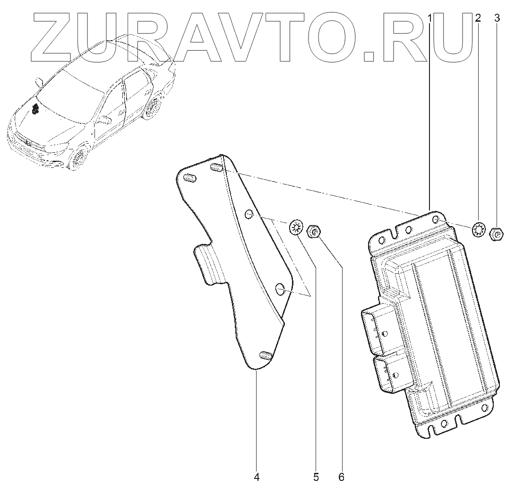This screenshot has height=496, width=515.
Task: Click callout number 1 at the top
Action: click(429, 18)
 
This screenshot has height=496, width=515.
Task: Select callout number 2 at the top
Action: click(478, 18)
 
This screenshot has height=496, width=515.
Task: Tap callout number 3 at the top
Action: click(497, 18)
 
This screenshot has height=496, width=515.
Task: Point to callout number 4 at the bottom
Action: click(257, 477)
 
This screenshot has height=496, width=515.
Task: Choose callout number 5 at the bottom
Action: click(316, 477)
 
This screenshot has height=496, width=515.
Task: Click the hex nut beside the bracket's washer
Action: click(314, 232)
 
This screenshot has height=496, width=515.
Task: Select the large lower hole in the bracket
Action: click(280, 288)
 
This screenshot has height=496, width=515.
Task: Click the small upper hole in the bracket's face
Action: click(248, 215)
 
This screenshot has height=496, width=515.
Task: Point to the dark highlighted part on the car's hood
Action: click(35, 109)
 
